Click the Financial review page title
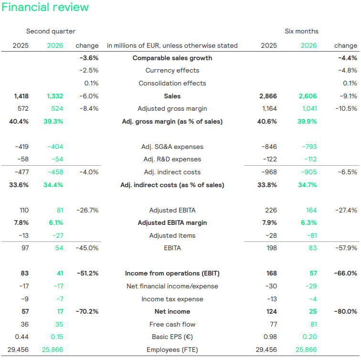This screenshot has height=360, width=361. [45, 7]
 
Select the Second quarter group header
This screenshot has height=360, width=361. [51, 32]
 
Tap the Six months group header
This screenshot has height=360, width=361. [301, 32]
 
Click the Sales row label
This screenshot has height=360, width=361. [172, 96]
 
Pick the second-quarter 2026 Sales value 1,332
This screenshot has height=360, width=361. [55, 96]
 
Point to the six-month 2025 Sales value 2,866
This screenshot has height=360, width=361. [268, 96]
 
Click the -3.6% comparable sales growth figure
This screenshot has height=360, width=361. [89, 58]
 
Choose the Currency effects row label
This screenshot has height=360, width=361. [172, 71]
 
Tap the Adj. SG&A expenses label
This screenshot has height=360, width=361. [172, 147]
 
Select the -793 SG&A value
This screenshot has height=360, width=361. [309, 147]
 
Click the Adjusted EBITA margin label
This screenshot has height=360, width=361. [172, 223]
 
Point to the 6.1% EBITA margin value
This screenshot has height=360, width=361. [56, 223]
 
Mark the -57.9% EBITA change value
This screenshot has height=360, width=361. [346, 248]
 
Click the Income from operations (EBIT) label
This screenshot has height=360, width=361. [172, 274]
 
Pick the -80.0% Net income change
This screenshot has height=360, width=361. [346, 312]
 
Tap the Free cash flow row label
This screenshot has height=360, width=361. [172, 324]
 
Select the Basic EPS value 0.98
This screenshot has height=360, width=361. [270, 337]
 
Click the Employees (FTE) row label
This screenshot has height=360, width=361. [172, 350]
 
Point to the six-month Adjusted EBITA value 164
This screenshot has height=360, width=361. [311, 211]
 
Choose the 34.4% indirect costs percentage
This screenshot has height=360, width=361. [53, 185]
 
